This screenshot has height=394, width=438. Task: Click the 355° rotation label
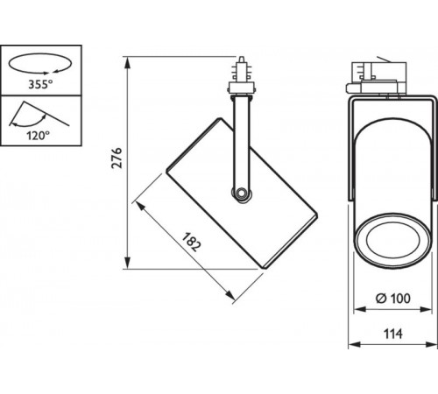point(38,85)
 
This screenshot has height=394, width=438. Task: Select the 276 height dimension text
point(115,158)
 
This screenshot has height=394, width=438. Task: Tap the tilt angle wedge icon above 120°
point(36,115)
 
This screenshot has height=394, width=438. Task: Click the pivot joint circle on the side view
point(239,193)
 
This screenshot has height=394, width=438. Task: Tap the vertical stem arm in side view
point(239,140)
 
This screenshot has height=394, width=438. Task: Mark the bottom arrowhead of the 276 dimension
point(129,264)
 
